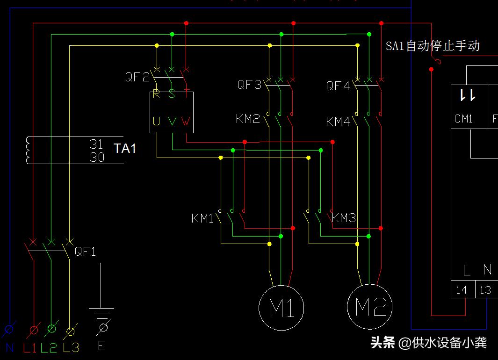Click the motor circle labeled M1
(281, 308)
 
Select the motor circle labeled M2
(370, 308)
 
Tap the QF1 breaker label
(86, 252)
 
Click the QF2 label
(137, 77)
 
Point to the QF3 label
(249, 85)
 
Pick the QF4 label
(338, 86)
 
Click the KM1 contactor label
(202, 218)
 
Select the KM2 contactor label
(247, 119)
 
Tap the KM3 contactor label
(344, 218)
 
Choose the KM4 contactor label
(338, 122)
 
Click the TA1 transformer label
(125, 149)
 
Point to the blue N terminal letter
(10, 347)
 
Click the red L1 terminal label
(30, 347)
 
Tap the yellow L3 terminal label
(71, 347)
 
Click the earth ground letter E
(101, 346)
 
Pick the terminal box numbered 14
(462, 290)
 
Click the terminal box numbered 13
(486, 290)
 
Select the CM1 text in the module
(463, 119)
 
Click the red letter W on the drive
(186, 122)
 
